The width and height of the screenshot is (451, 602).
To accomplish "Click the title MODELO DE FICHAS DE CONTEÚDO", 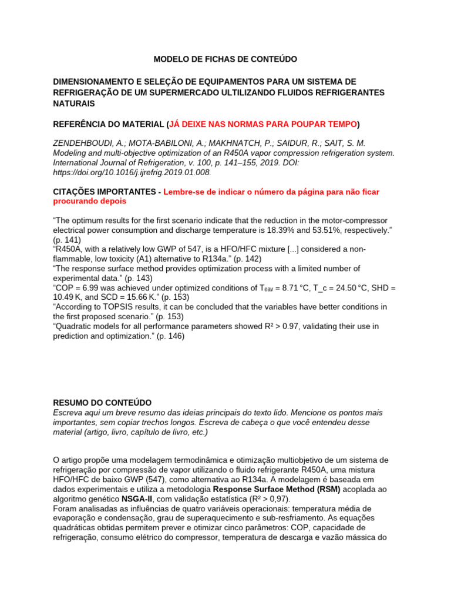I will (225, 59).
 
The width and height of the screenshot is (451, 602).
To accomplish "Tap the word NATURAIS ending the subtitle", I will (73, 103).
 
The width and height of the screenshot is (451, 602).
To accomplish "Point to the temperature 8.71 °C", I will (282, 288).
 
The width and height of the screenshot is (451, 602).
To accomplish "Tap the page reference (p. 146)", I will (170, 336).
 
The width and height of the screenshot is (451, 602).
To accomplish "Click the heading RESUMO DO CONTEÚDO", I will (102, 403).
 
